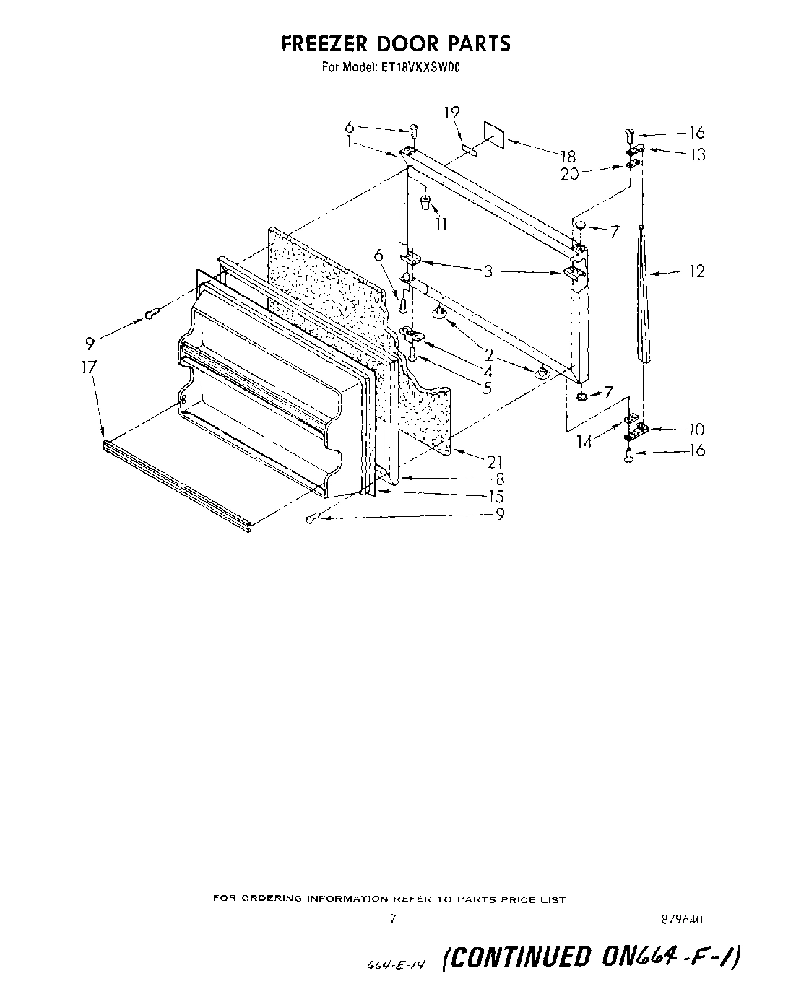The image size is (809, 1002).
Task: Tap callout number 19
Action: [451, 113]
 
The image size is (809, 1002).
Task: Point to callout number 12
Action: [697, 271]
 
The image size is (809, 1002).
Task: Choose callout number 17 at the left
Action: [88, 367]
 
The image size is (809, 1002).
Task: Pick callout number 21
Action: [495, 461]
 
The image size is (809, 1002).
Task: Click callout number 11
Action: [441, 224]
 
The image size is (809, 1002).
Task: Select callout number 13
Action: [697, 154]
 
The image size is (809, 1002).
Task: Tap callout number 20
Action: [570, 174]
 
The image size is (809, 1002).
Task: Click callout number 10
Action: [696, 430]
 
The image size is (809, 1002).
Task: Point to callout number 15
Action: [496, 497]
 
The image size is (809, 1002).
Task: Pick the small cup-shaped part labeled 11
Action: [426, 200]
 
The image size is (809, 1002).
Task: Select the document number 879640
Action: [683, 920]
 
